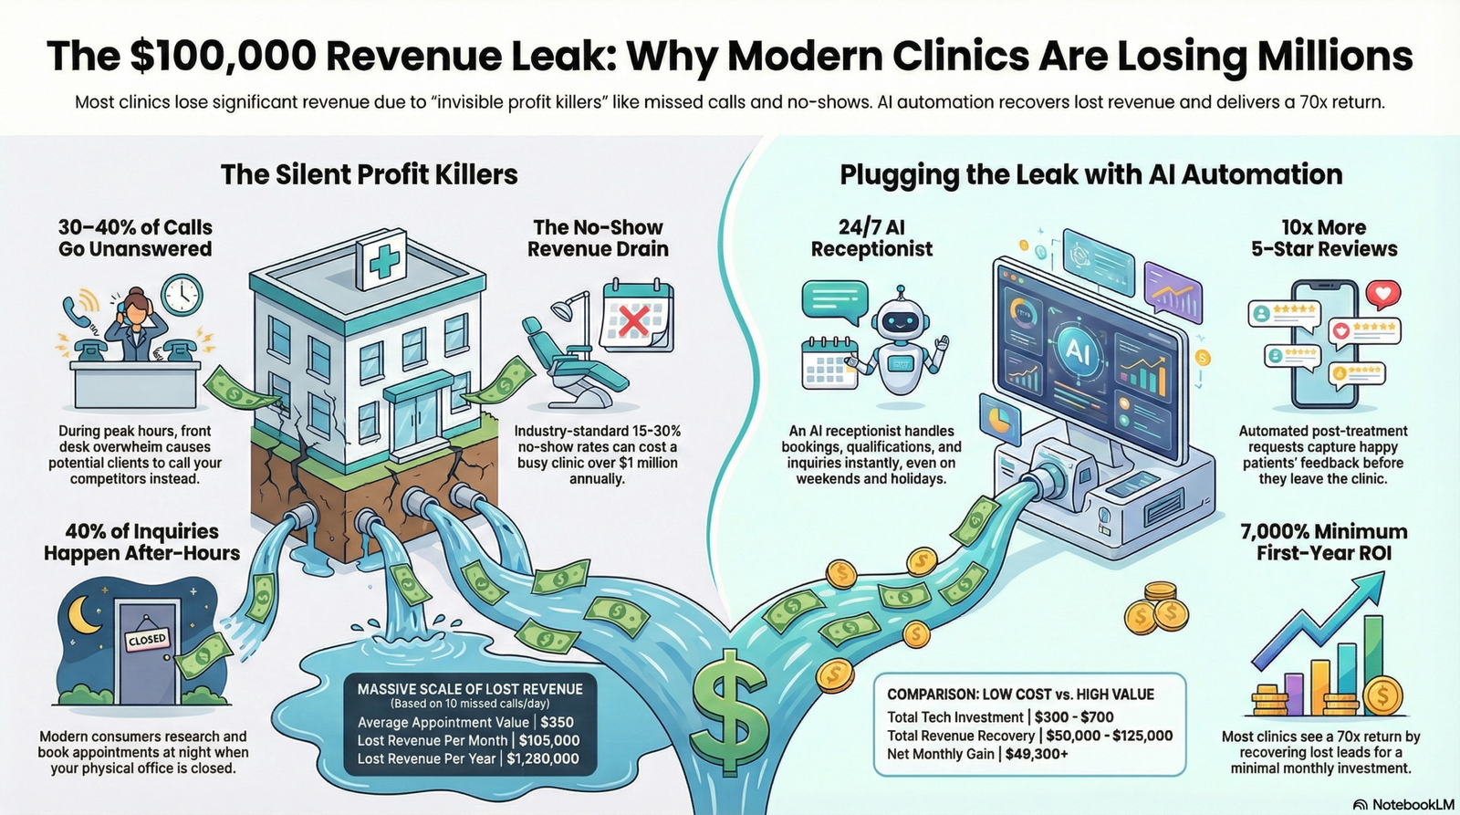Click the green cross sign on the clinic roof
(383, 261)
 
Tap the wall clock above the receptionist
(182, 294)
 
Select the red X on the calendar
(633, 320)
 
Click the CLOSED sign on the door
(148, 639)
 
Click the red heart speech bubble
(1383, 294)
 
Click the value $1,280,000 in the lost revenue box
(543, 758)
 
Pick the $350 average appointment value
(558, 722)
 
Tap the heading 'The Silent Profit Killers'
(369, 174)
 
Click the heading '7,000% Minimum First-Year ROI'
(1323, 542)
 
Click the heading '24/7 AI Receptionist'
(871, 238)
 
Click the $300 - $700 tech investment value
(1074, 717)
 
